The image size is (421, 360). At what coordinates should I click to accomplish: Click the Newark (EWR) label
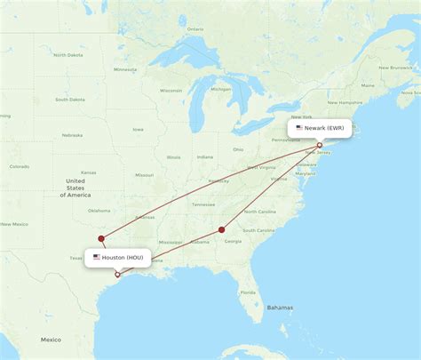coord(324,128)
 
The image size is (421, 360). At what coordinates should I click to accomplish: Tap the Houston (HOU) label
coord(122,258)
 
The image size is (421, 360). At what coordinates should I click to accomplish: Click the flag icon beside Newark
coord(299,128)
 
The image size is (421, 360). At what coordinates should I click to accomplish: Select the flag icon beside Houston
coord(97,258)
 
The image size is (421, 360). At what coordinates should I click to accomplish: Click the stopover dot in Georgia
coord(222,230)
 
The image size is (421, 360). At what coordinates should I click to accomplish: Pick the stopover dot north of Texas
coord(101,237)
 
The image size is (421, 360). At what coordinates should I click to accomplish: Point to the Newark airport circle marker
coord(320,145)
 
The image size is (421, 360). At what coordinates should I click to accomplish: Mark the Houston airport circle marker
coord(117,274)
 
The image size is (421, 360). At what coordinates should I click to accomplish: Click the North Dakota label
coord(68,55)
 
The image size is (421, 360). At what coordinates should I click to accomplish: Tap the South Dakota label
coord(69,99)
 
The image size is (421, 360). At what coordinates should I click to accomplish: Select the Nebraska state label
coord(73,135)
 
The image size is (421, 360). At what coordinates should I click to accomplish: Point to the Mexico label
coord(50,340)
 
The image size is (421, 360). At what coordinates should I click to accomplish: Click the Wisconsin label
coord(171,90)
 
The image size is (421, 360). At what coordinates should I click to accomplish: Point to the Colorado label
coord(19,166)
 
